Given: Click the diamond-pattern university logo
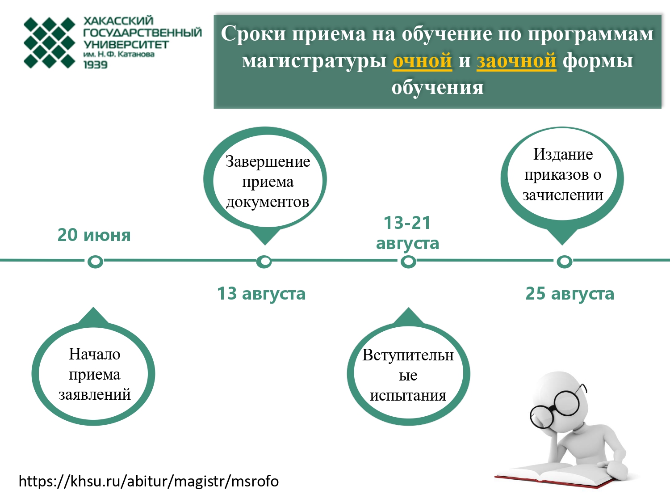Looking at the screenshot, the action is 49,42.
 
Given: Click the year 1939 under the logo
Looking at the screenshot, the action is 96,65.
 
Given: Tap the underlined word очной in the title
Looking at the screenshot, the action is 422,60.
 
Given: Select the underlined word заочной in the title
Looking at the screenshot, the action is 516,60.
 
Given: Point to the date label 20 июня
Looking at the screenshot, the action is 94,235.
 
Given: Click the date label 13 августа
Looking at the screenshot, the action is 261,294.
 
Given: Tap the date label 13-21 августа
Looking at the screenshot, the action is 407,233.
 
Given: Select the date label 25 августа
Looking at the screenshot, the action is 569,294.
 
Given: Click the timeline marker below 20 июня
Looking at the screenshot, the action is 95,262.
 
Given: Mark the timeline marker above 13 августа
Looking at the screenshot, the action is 264,262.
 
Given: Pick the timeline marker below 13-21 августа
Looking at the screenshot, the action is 408,262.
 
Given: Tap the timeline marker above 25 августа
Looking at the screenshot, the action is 565,262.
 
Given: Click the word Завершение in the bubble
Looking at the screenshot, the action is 268,162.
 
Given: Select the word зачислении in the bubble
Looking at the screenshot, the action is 563,195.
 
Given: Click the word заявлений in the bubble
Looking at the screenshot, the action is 95,395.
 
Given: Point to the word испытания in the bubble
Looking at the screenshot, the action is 408,396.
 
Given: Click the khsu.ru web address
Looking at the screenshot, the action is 149,482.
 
